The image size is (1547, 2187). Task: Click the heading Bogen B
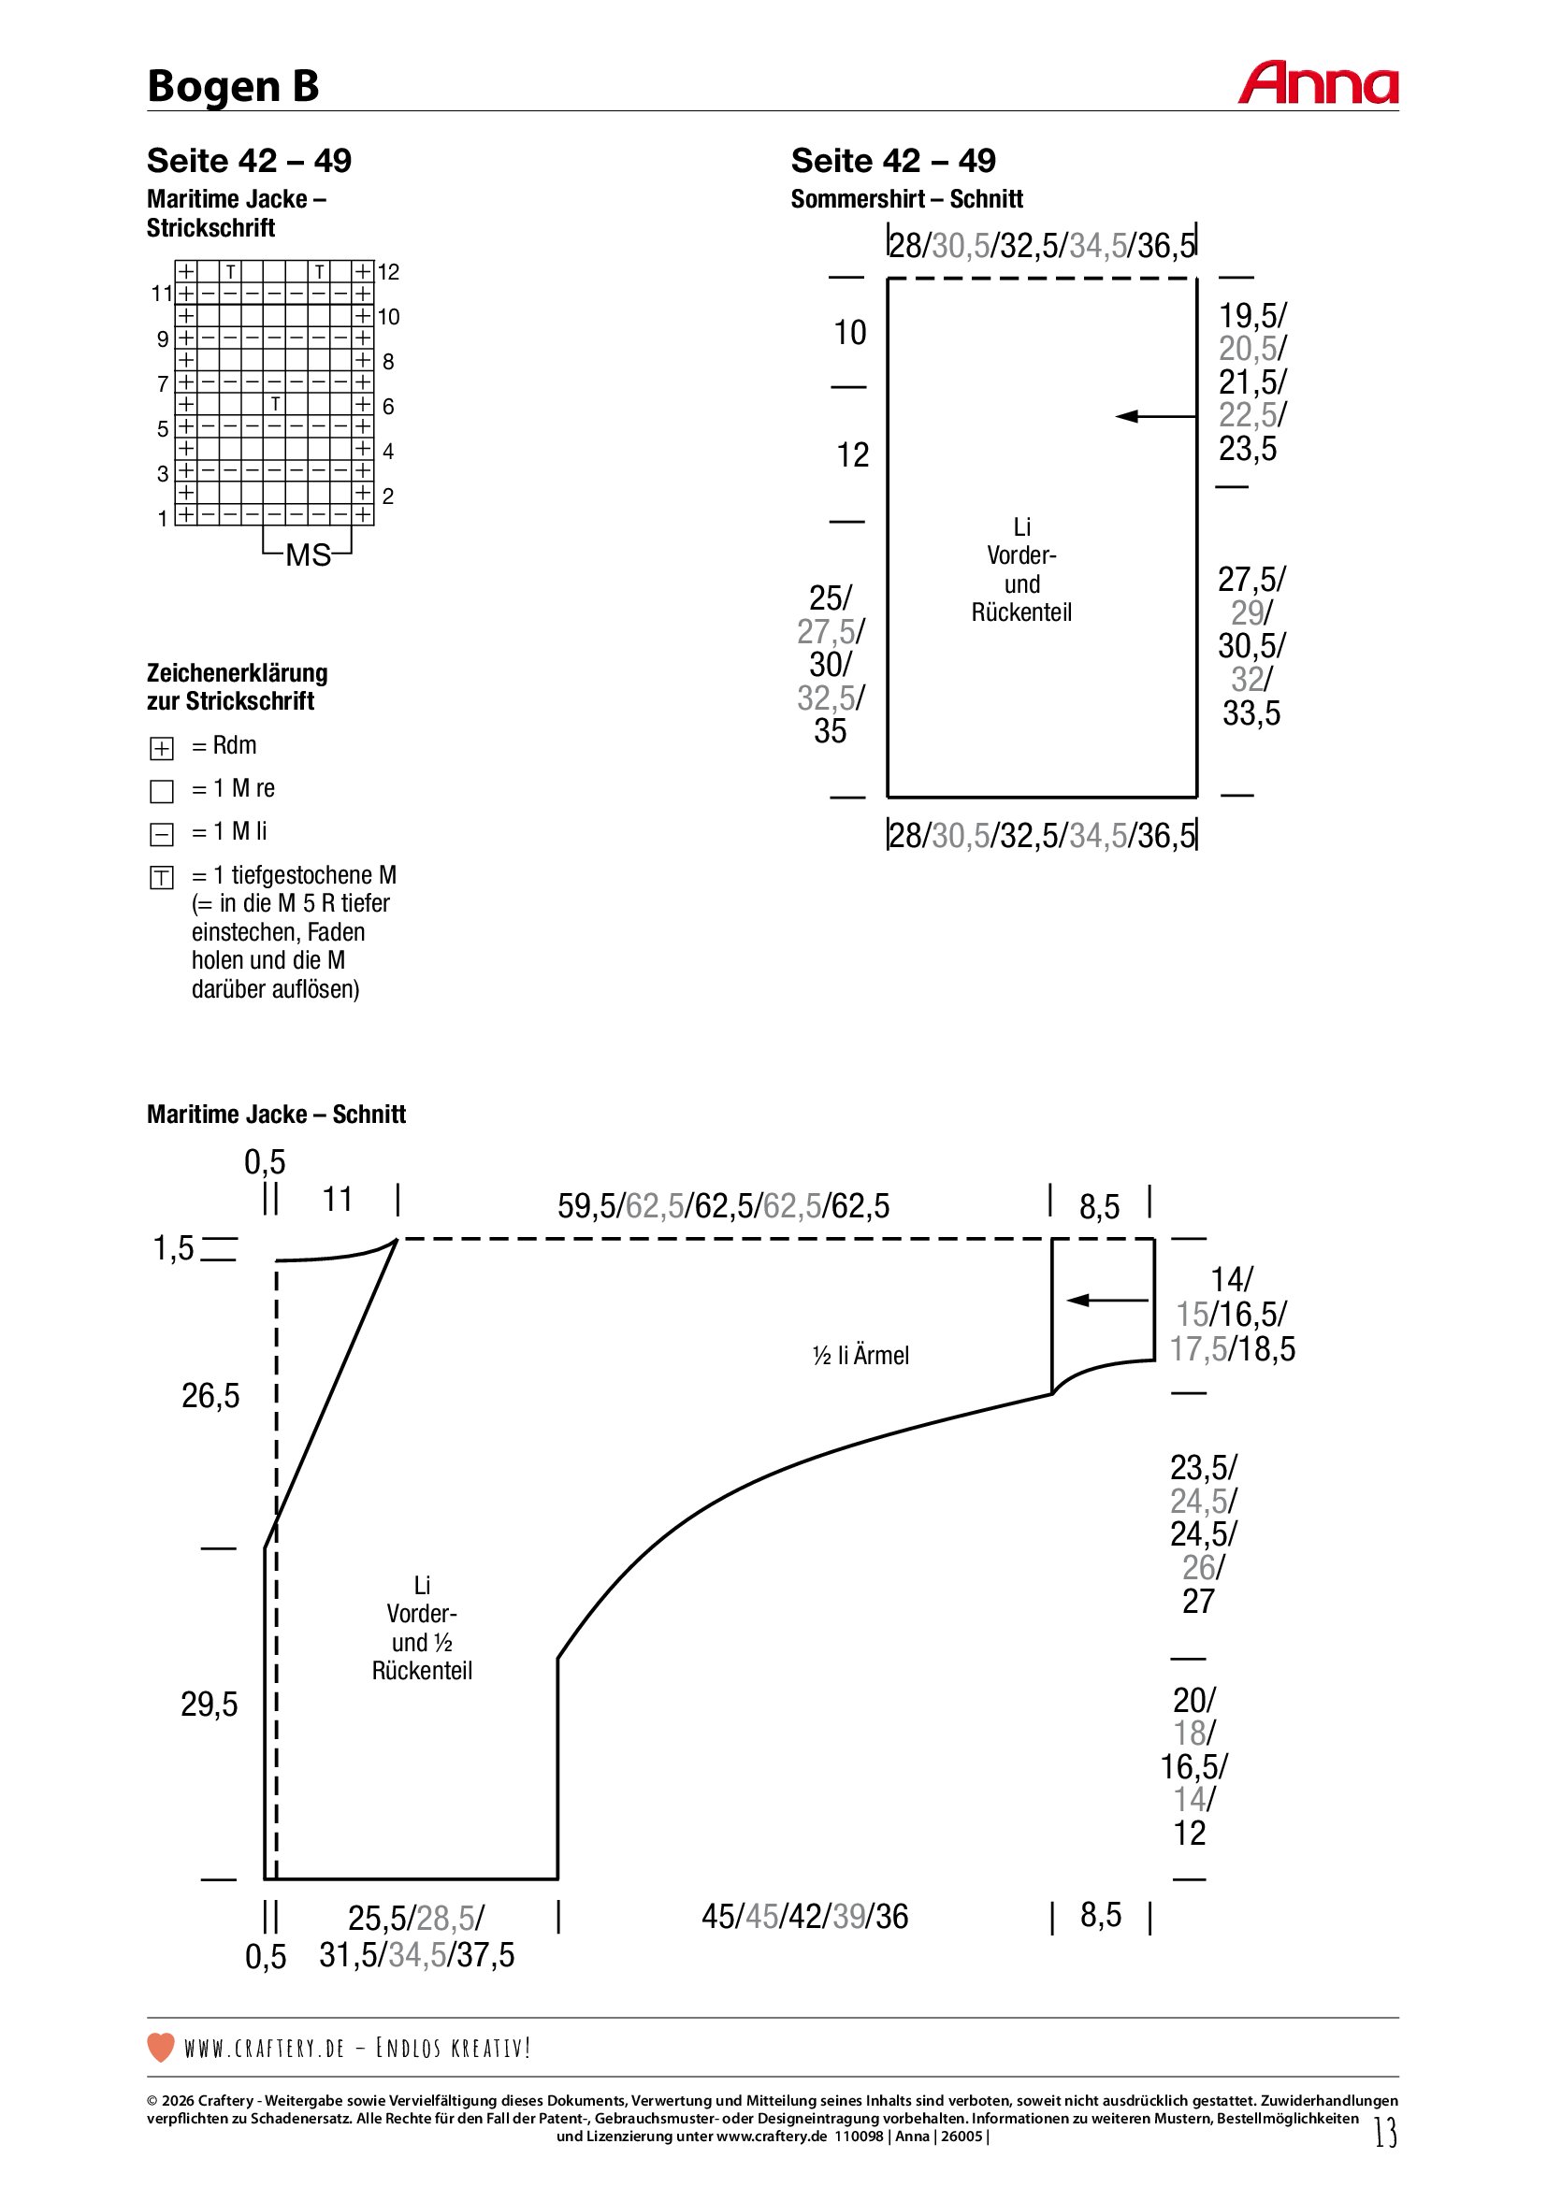point(233,86)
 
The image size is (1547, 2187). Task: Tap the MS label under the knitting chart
point(308,555)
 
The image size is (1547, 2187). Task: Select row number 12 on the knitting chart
point(389,272)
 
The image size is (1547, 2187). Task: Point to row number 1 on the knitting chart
point(163,519)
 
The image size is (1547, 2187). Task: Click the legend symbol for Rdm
point(162,749)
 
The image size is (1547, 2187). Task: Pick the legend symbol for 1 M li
point(162,834)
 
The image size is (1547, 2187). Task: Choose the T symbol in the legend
point(162,877)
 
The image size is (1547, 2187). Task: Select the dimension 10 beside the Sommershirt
point(849,334)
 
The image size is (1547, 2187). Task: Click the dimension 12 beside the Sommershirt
point(853,455)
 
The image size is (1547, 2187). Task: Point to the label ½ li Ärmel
point(860,1356)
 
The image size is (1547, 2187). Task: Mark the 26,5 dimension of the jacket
point(210,1396)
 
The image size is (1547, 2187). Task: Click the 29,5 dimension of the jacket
point(210,1705)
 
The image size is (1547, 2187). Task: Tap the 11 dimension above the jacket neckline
point(338,1201)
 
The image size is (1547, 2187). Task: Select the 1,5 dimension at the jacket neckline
point(173,1249)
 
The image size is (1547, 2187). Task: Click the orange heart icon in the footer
point(161,2047)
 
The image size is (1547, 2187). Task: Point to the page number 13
point(1385,2132)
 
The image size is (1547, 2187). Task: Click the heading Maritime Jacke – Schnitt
point(276,1115)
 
